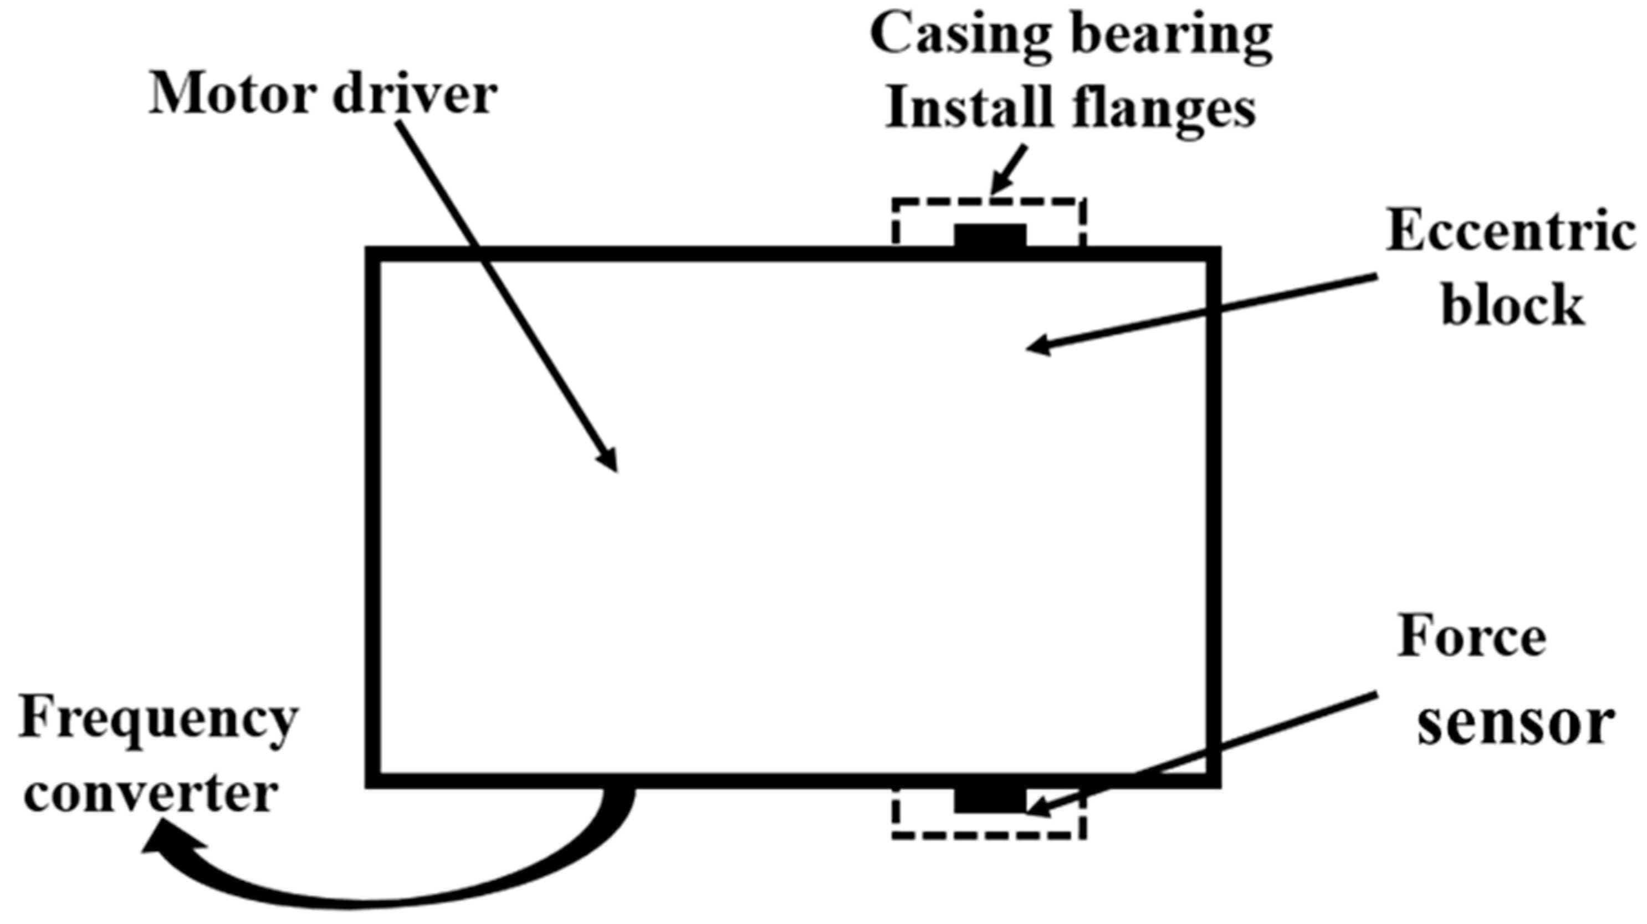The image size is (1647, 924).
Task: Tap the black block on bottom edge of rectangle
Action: pos(990,800)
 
